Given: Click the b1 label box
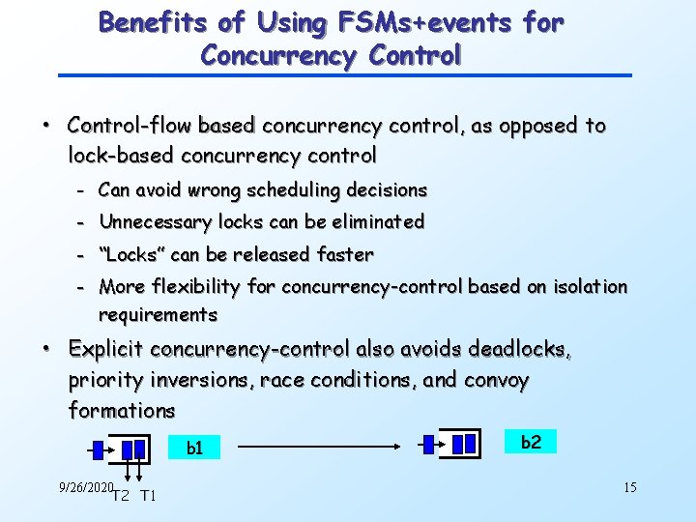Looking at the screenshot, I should [x=194, y=448].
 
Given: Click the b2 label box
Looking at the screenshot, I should [x=531, y=442].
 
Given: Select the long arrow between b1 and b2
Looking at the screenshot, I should [x=320, y=447].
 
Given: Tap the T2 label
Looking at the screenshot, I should [x=121, y=497].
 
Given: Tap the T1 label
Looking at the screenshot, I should [x=148, y=497].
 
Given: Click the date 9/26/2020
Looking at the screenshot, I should [x=86, y=487].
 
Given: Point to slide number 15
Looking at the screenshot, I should [x=629, y=487].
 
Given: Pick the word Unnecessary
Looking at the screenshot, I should [x=155, y=222].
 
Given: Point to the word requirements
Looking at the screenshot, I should [x=158, y=314].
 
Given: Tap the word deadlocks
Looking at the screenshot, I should [x=522, y=349].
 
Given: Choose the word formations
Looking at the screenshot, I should [x=122, y=410].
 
